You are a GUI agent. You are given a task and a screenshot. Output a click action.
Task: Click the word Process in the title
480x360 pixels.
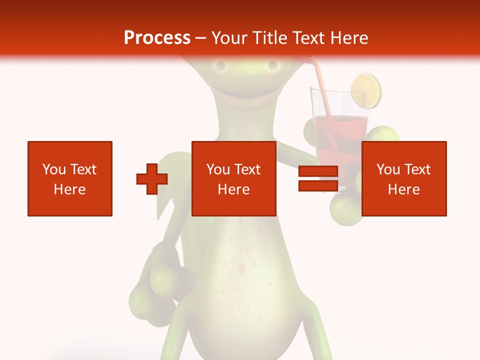(x=157, y=38)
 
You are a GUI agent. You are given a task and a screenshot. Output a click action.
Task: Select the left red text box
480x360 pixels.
(x=70, y=178)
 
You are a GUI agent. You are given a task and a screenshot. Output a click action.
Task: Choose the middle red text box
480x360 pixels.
(x=233, y=178)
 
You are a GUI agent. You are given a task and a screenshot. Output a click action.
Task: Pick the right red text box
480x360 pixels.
(x=403, y=178)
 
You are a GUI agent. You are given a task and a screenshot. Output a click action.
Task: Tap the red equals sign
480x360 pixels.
(x=318, y=178)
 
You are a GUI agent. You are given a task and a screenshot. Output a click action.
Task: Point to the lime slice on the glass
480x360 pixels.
(x=366, y=90)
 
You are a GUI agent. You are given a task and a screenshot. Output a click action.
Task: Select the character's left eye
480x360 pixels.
(x=218, y=65)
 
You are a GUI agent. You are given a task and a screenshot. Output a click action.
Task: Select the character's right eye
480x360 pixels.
(x=272, y=65)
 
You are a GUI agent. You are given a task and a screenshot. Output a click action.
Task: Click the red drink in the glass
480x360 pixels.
(x=340, y=127)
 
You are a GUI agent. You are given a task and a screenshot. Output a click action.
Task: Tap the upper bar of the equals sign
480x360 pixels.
(x=318, y=171)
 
